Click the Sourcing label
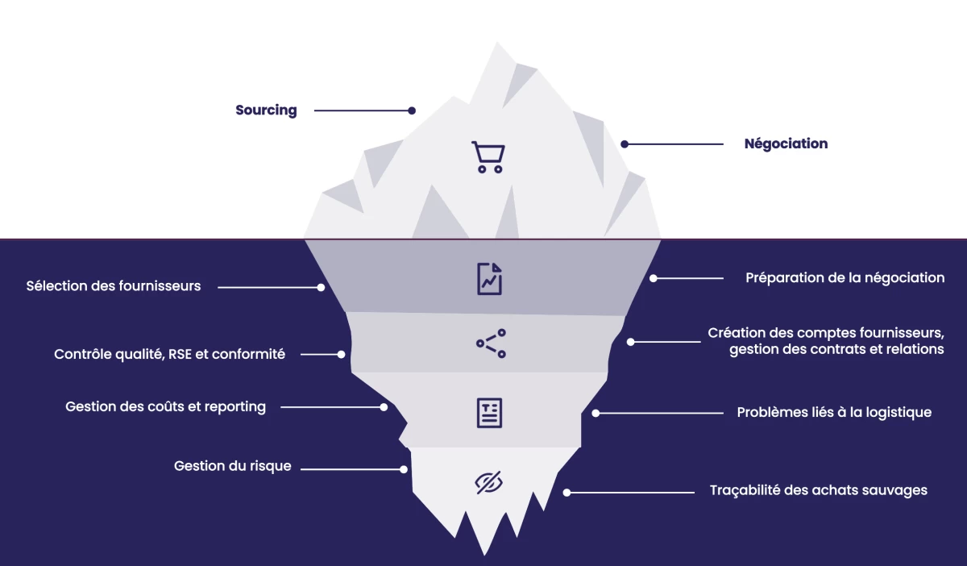pos(266,110)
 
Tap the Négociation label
pos(786,144)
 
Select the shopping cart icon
pos(488,157)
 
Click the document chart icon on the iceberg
pos(489,278)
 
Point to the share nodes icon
pos(491,343)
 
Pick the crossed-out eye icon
pos(488,482)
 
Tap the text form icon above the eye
pos(489,412)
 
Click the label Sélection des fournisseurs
pos(114,286)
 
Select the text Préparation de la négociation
pos(845,278)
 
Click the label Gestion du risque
pos(233,467)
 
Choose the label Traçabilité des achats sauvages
pos(818,490)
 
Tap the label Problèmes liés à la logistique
pos(834,413)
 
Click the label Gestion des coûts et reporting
pos(165,407)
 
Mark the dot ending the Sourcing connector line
pos(412,110)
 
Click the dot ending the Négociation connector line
pos(625,144)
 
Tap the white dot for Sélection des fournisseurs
pos(321,287)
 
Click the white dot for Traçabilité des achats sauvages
pos(567,492)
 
